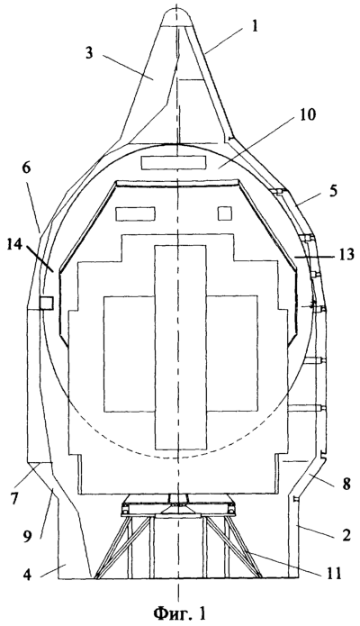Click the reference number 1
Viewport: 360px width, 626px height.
tap(255, 27)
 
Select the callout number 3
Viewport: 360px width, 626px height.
tap(89, 53)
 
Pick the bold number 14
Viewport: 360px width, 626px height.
tap(14, 245)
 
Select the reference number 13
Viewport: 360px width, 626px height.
tap(346, 254)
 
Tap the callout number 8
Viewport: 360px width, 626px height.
tap(346, 484)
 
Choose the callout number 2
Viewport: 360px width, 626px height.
tap(346, 534)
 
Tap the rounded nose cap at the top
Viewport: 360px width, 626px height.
tap(179, 18)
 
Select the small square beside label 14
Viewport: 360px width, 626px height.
tap(47, 303)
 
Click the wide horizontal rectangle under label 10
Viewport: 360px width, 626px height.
tap(174, 162)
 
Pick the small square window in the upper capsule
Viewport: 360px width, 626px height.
tap(225, 213)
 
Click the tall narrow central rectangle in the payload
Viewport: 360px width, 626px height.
tap(180, 347)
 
